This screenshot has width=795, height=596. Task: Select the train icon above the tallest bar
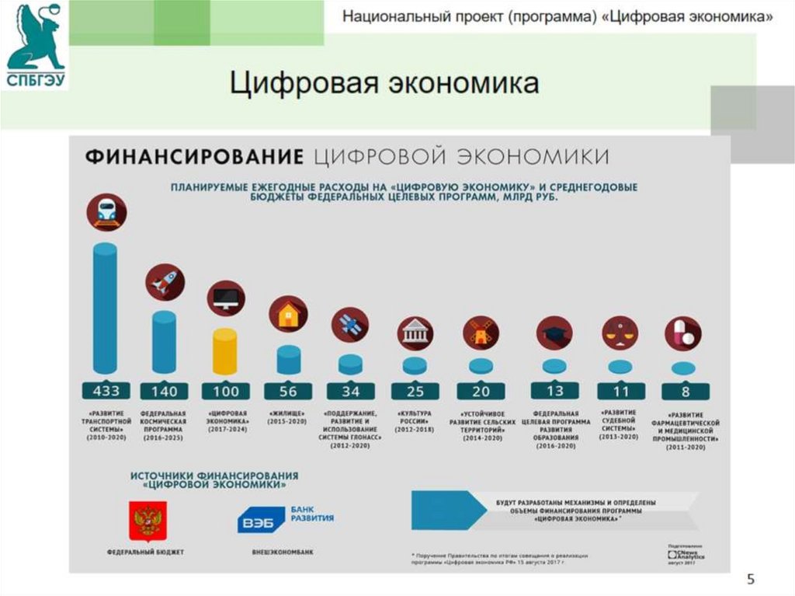106,212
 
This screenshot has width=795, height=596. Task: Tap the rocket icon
165,283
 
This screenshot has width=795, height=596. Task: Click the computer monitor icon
226,298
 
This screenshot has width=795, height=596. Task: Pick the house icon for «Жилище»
288,315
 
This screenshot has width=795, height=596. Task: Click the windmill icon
481,333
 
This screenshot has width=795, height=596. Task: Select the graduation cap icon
554,333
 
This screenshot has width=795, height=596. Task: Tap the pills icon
682,333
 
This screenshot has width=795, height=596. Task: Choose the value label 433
106,390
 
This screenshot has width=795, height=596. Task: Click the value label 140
165,390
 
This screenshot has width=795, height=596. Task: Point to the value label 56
288,390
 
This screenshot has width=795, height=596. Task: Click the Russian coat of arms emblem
145,520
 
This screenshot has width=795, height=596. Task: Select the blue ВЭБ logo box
261,520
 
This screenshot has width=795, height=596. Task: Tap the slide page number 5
750,579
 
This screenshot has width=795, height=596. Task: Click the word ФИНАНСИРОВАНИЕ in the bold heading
193,155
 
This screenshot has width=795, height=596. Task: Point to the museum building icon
415,333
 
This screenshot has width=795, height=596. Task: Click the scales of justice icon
620,333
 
